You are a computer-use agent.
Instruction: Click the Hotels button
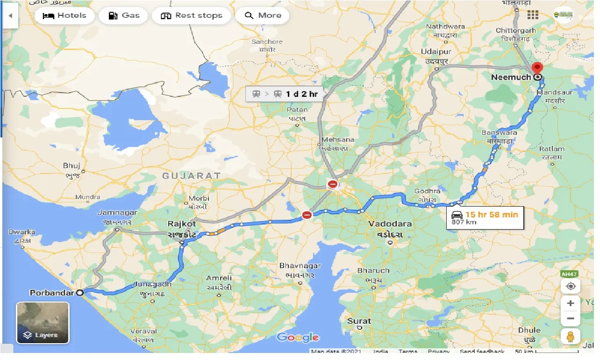tap(64, 15)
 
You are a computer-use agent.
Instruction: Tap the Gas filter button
tap(124, 15)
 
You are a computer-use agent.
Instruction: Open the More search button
tap(263, 15)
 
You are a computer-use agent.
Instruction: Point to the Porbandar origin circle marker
tap(80, 293)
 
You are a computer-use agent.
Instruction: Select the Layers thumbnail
tap(43, 323)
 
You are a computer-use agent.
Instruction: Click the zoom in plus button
tap(571, 303)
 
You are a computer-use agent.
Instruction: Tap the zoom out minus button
tap(571, 319)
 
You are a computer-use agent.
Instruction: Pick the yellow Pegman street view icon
tap(571, 336)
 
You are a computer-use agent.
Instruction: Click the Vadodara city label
tap(390, 224)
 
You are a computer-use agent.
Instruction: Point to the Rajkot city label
tap(182, 224)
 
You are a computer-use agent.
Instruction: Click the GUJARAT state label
tap(192, 176)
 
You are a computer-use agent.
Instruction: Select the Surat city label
tap(359, 321)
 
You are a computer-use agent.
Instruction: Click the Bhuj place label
tap(72, 166)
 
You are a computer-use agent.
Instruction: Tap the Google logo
tap(298, 337)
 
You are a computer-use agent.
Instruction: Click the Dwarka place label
tap(22, 232)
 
